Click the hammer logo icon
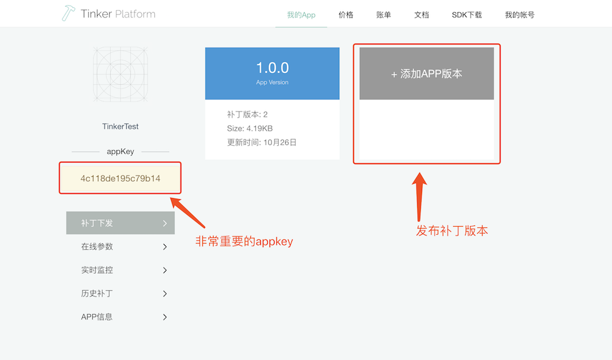[x=68, y=13]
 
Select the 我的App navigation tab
[x=301, y=14]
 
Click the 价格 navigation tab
[x=346, y=14]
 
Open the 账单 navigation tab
[x=384, y=14]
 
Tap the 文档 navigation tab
[x=421, y=14]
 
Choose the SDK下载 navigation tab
[x=467, y=14]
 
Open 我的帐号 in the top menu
[x=519, y=14]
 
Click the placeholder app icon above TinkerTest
[x=121, y=74]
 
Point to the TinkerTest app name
[x=121, y=126]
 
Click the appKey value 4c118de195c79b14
[x=120, y=179]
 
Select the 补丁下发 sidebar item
[x=120, y=223]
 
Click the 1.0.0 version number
[x=272, y=68]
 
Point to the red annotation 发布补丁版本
[x=452, y=231]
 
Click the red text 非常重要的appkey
[x=244, y=242]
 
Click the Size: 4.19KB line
[x=250, y=128]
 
